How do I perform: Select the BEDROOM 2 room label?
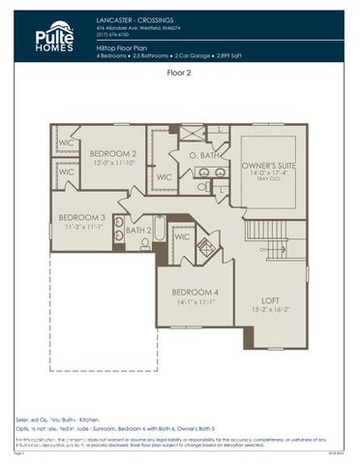112,153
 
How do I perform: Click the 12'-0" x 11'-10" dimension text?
112,163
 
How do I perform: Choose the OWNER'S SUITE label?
267,166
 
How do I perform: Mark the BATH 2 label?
139,231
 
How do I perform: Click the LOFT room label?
271,300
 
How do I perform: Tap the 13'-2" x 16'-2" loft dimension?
271,311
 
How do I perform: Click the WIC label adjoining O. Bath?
164,177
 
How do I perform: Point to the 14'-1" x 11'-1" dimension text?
195,302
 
